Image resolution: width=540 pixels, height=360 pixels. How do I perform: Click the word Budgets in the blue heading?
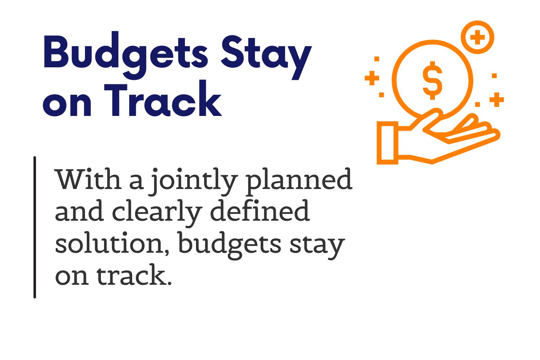125,55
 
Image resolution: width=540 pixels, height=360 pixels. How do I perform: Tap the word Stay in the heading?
266,58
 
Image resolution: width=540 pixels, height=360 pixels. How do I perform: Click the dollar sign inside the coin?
432,80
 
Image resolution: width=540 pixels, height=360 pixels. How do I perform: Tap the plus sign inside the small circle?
478,37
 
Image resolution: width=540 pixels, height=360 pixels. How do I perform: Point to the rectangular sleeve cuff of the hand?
387,143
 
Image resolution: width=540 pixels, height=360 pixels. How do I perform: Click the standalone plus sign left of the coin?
372,78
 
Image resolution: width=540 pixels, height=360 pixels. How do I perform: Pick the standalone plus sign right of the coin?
497,100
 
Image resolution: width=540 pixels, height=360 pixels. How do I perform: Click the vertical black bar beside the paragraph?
35,228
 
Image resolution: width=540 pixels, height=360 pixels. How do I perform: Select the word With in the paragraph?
88,179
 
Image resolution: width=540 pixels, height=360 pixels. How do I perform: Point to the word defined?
260,210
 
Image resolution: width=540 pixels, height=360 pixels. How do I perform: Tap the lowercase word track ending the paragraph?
134,275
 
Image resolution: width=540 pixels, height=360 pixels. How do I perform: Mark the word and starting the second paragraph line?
80,210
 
